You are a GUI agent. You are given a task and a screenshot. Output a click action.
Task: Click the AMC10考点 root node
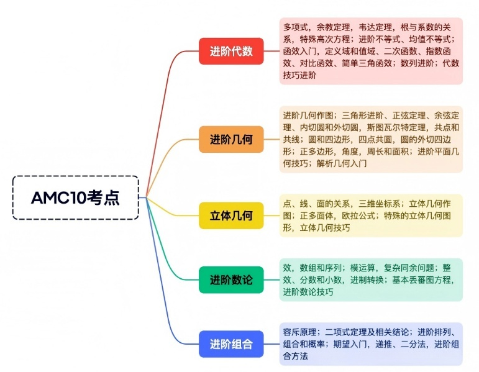coord(75,197)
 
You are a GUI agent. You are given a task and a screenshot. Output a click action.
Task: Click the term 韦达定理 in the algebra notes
coord(373,27)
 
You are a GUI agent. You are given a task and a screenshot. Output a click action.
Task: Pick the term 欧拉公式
coord(356,215)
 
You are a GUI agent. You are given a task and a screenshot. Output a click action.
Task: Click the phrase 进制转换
coord(368,279)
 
